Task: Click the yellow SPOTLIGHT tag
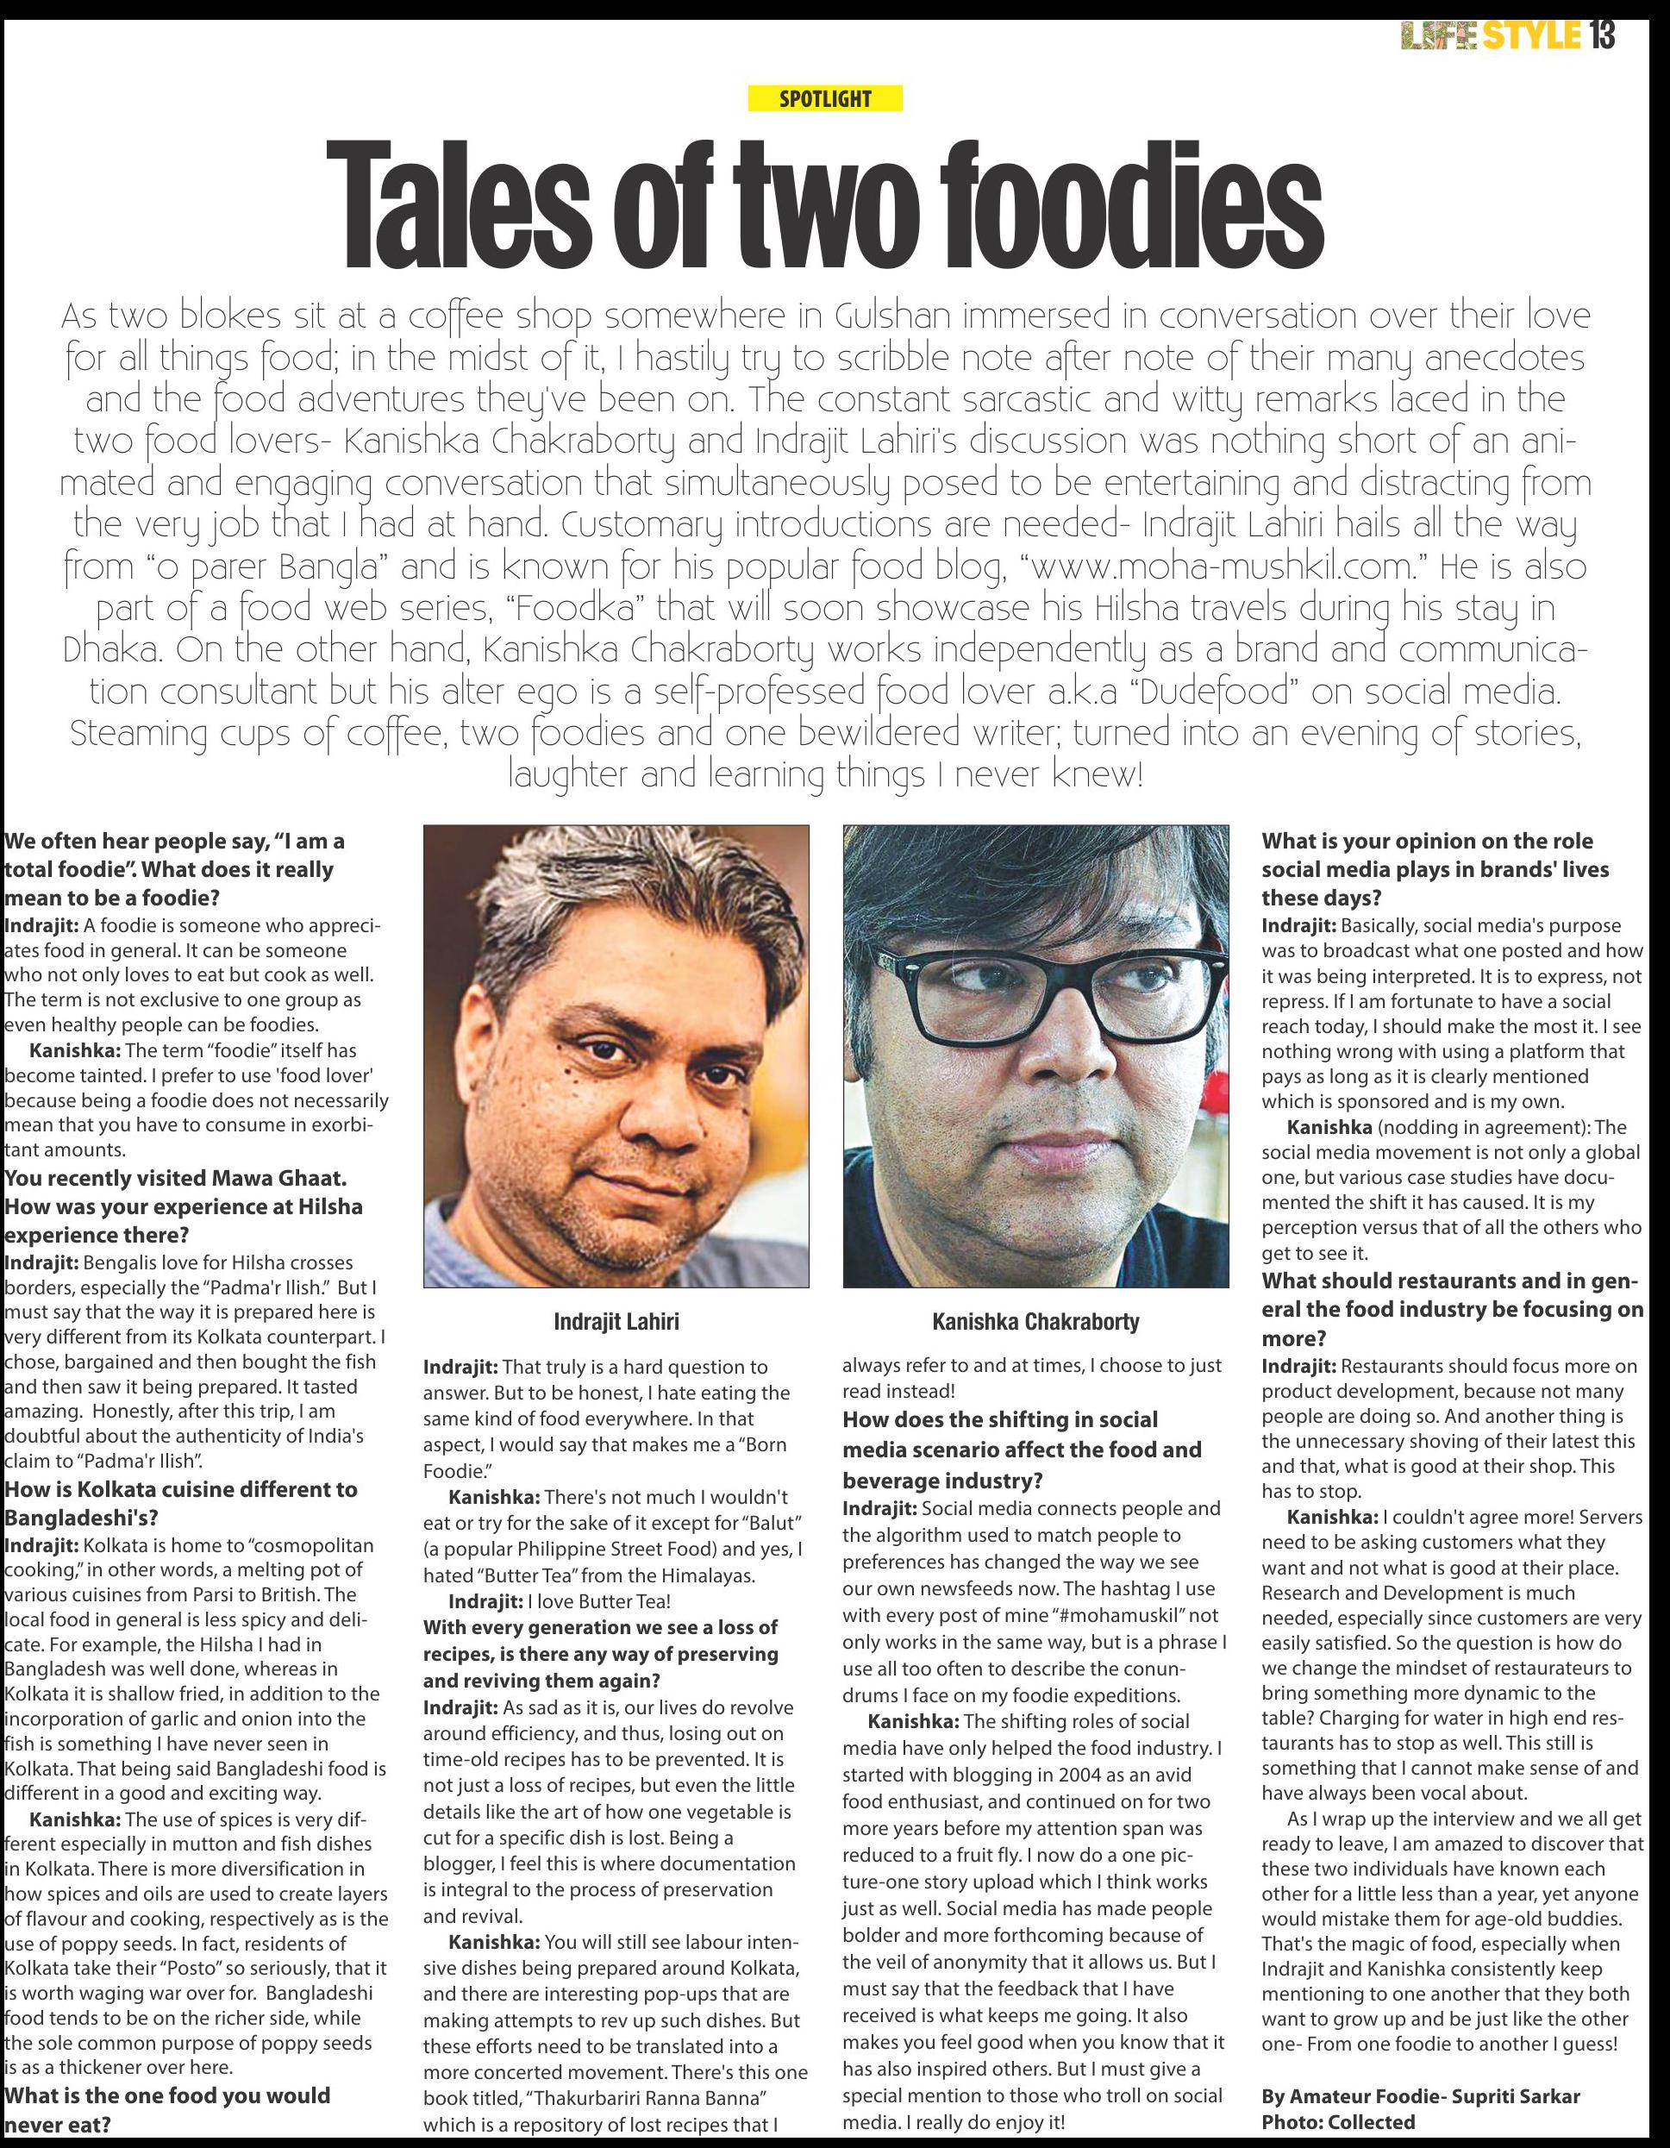pyautogui.click(x=824, y=98)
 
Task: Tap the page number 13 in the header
pyautogui.click(x=1600, y=37)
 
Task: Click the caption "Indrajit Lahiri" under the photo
pyautogui.click(x=616, y=1322)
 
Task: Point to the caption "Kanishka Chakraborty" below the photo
pyautogui.click(x=1035, y=1321)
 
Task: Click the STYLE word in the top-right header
pyautogui.click(x=1530, y=37)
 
